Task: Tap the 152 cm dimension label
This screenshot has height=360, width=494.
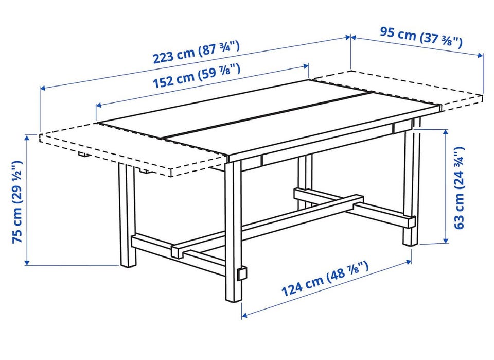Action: [197, 76]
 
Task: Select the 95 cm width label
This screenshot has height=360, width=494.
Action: [421, 37]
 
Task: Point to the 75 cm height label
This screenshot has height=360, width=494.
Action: [17, 202]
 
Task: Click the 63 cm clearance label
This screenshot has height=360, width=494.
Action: [460, 187]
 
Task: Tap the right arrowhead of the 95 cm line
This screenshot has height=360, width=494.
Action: [480, 55]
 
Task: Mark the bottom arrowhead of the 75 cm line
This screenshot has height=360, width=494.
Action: [27, 262]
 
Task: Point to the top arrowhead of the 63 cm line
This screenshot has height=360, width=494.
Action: [446, 132]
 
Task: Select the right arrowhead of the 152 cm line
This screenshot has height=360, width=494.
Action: [306, 66]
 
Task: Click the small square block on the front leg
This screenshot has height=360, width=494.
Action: [242, 273]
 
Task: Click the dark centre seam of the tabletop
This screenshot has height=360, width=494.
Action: [268, 115]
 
